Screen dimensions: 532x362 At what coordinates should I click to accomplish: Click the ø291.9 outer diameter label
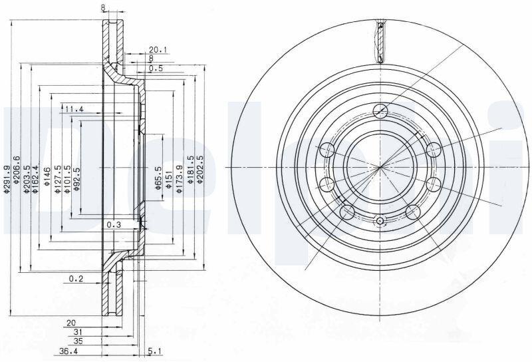pos(6,179)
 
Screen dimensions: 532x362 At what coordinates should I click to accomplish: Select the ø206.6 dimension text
pos(16,170)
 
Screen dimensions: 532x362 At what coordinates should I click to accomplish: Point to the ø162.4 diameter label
pos(35,179)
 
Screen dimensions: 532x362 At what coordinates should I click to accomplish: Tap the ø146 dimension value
pos(47,176)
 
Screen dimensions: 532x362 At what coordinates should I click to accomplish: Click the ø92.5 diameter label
pos(77,179)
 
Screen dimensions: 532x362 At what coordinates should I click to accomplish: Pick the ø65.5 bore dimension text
pos(158,178)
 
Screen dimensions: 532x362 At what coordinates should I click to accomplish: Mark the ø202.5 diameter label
pos(200,170)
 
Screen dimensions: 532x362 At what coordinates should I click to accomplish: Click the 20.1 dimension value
pos(158,50)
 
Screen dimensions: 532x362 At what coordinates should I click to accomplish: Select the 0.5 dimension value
pos(156,69)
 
